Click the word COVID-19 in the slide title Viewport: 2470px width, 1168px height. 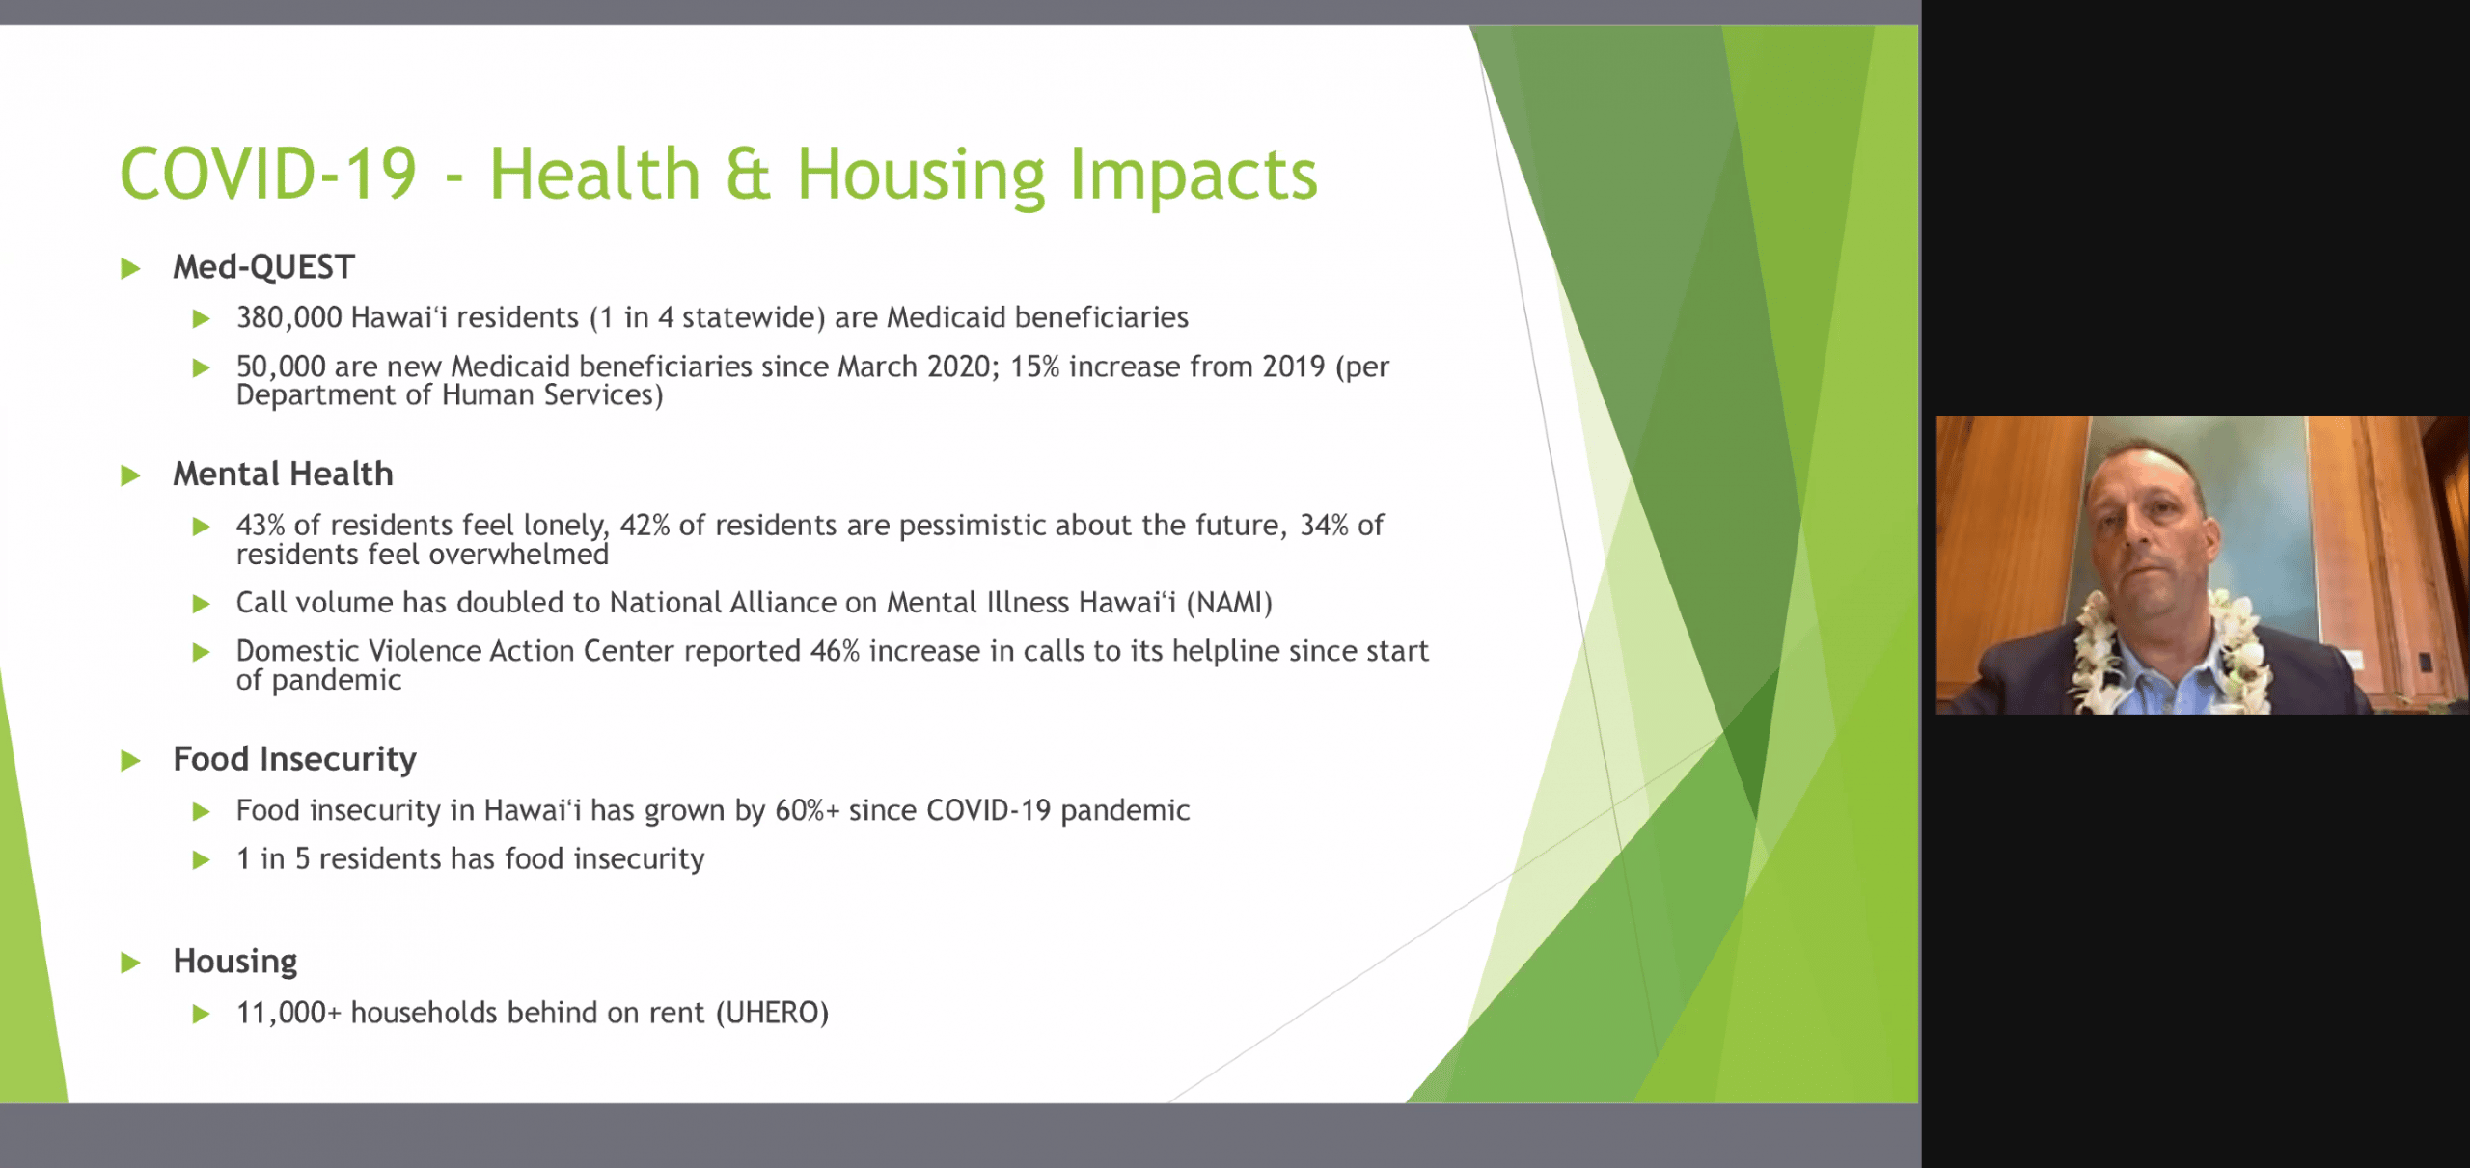[x=268, y=175]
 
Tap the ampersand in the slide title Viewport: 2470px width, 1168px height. [x=748, y=175]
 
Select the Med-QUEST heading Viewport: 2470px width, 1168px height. [x=263, y=267]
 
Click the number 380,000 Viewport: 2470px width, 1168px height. [x=288, y=317]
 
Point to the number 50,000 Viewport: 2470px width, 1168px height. [x=281, y=367]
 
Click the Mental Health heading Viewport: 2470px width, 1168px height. [x=283, y=475]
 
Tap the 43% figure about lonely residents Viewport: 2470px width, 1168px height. [x=261, y=525]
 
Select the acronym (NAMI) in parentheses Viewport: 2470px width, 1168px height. [x=1229, y=603]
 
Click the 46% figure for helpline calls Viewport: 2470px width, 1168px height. [x=835, y=651]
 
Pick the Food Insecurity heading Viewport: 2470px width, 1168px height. [x=294, y=760]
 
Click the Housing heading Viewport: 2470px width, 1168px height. [x=235, y=963]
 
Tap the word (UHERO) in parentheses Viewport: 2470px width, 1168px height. [x=772, y=1013]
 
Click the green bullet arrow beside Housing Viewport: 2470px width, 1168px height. [x=130, y=963]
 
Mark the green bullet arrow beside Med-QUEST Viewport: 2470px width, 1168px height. [x=130, y=268]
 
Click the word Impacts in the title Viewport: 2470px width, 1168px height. [x=1193, y=175]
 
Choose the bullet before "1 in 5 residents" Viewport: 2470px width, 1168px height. [x=201, y=859]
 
